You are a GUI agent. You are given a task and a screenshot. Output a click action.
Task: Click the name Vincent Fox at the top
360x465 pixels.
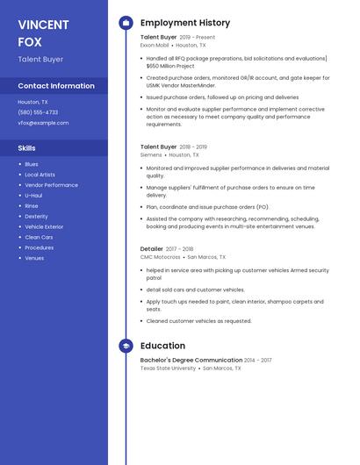[43, 33]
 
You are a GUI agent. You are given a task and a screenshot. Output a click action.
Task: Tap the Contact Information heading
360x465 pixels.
[56, 86]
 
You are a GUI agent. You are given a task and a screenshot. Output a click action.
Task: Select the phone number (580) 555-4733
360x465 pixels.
[38, 112]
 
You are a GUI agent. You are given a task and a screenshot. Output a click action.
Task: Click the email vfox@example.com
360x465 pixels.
[43, 123]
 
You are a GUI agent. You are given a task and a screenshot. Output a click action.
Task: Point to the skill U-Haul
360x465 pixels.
[33, 196]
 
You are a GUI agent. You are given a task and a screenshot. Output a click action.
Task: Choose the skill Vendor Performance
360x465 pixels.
[51, 185]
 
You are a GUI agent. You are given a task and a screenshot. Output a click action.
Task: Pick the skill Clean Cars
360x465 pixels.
[39, 237]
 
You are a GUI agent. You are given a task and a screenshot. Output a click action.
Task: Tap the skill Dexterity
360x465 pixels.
[36, 216]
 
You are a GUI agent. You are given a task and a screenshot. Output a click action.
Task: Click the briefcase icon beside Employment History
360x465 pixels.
[126, 23]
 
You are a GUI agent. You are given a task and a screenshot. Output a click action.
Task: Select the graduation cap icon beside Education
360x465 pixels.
[126, 346]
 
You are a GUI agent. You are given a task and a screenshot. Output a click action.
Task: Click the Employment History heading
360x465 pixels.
[185, 23]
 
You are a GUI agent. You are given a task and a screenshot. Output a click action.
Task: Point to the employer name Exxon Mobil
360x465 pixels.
[155, 45]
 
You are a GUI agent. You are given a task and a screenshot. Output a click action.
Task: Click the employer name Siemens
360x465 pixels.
[151, 154]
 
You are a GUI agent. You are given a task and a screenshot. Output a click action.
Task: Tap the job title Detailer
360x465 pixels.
[152, 249]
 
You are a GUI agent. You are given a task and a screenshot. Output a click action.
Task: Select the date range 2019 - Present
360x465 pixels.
[197, 38]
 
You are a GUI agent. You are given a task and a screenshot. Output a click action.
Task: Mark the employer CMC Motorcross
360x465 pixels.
[160, 257]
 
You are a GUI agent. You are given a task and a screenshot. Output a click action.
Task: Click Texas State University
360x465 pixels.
[168, 368]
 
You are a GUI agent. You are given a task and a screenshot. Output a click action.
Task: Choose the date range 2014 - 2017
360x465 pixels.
[258, 361]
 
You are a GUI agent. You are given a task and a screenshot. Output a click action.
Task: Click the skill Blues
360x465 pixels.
[32, 164]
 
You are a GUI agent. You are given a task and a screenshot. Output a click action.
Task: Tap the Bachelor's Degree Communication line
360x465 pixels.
[191, 361]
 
